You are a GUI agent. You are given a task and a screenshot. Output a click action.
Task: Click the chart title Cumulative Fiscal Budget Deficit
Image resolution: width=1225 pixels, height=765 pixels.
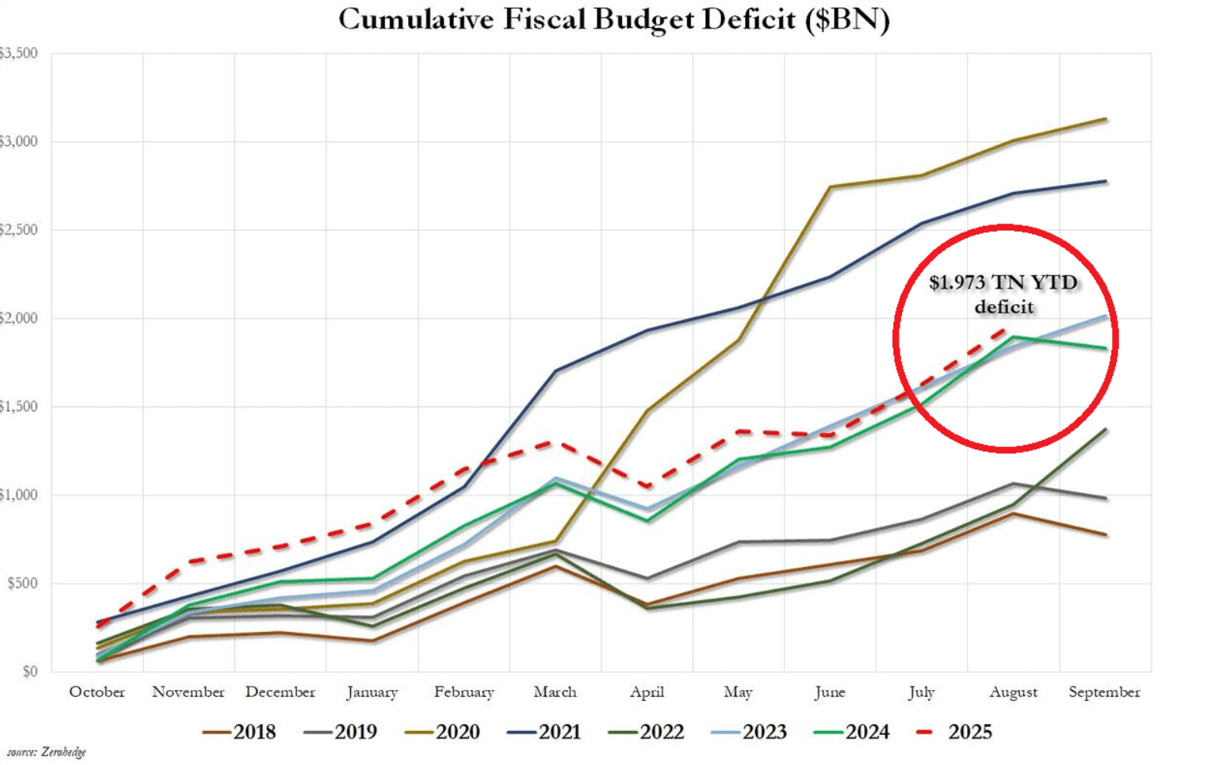tap(614, 19)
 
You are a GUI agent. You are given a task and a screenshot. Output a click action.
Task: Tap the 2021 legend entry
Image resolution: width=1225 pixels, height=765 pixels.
tap(544, 732)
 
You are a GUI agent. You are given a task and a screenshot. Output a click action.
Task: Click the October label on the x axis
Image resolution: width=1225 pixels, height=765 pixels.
tap(97, 692)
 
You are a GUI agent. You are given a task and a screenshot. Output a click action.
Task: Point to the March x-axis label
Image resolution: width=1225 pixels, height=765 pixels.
tap(555, 692)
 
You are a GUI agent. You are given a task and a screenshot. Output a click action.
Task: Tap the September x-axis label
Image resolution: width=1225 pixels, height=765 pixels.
tap(1104, 692)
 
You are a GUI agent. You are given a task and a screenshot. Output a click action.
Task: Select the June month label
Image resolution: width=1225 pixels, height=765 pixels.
tap(829, 692)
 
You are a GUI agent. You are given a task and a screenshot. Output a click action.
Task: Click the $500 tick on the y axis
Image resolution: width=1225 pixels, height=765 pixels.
tap(22, 583)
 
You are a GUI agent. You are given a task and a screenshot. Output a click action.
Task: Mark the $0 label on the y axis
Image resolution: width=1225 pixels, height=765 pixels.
tap(29, 671)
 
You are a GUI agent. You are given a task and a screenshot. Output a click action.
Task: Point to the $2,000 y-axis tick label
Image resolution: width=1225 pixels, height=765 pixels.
tap(17, 318)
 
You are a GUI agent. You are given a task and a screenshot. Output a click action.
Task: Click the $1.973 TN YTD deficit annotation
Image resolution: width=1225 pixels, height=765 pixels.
tap(1003, 294)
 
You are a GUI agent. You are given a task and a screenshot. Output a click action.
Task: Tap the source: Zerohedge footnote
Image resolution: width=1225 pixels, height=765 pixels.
tap(46, 752)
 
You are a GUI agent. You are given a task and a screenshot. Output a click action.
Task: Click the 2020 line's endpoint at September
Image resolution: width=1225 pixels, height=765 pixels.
tap(1105, 119)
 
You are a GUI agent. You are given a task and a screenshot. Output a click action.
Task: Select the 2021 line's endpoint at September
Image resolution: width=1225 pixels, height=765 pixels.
tap(1105, 182)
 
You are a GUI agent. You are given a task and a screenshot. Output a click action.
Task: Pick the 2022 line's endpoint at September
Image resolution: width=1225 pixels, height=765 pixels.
tap(1105, 429)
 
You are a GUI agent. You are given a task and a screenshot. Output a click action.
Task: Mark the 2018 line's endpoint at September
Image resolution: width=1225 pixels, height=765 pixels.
tap(1105, 534)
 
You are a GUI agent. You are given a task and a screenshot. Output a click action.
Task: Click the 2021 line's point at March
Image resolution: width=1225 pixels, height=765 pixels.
tap(556, 371)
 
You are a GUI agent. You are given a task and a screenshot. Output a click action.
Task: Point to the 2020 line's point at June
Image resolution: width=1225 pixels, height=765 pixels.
tap(830, 186)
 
